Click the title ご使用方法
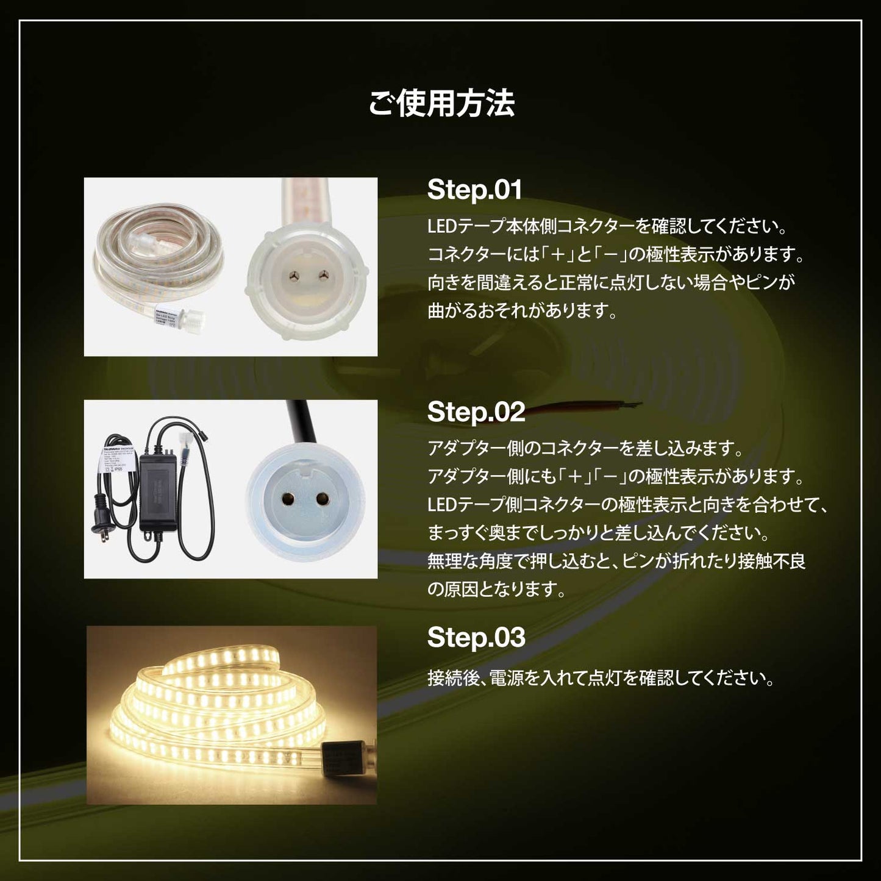pos(441,103)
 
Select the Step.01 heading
pos(474,190)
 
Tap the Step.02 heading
pos(476,412)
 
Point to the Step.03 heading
pos(476,637)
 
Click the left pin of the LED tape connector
pos(294,276)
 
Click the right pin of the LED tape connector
pos(319,276)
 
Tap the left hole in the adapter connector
pos(285,499)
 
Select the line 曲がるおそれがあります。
pos(523,311)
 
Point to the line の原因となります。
pos(496,590)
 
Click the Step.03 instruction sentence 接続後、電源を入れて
pos(601,678)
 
